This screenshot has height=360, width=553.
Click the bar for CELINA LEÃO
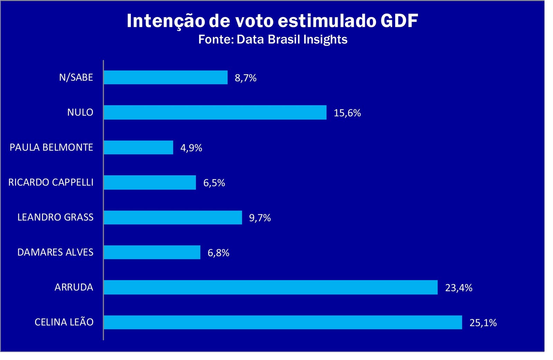pyautogui.click(x=283, y=322)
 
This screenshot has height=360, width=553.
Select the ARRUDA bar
pyautogui.click(x=271, y=287)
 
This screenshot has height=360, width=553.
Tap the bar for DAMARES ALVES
pyautogui.click(x=152, y=252)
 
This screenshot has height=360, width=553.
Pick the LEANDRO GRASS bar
pyautogui.click(x=173, y=218)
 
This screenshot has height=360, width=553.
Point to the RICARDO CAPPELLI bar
pyautogui.click(x=150, y=183)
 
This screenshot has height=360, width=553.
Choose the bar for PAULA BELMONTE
pyautogui.click(x=138, y=148)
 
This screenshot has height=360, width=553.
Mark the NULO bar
pyautogui.click(x=215, y=112)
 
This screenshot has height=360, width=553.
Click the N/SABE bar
pyautogui.click(x=166, y=77)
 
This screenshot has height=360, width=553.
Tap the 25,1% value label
pyautogui.click(x=483, y=323)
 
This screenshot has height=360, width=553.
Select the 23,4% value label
pyautogui.click(x=458, y=288)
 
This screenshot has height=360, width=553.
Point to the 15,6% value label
pyautogui.click(x=347, y=113)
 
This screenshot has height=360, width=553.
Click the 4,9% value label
pyautogui.click(x=191, y=148)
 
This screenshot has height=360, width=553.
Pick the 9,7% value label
pyautogui.click(x=260, y=218)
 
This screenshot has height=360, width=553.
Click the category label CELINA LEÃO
pyautogui.click(x=64, y=322)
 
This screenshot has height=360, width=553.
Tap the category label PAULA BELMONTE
pyautogui.click(x=51, y=147)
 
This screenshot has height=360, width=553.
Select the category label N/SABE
pyautogui.click(x=76, y=77)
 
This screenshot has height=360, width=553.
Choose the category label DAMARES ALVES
pyautogui.click(x=55, y=252)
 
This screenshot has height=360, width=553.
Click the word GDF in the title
pyautogui.click(x=399, y=21)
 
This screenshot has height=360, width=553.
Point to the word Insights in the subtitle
pyautogui.click(x=325, y=39)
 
